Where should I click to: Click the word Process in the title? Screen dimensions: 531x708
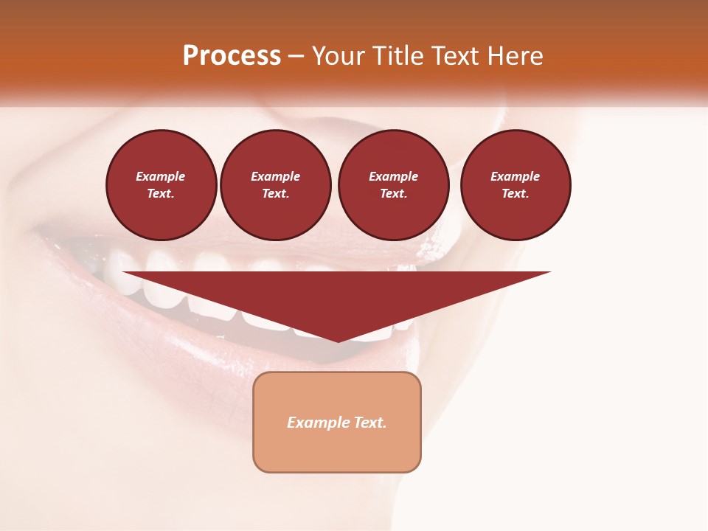(232, 56)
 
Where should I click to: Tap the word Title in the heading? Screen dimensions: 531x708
(397, 56)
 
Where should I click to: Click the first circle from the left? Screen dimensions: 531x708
(161, 185)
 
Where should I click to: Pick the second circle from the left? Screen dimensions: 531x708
(276, 185)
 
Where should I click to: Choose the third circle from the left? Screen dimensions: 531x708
(393, 185)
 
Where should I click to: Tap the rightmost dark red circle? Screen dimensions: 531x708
(516, 185)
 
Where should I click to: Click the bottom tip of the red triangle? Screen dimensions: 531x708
(338, 340)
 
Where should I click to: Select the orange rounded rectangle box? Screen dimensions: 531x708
(337, 422)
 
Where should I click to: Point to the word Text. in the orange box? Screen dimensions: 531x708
(369, 423)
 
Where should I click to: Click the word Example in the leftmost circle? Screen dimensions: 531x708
(161, 176)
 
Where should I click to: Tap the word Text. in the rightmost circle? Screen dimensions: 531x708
(516, 194)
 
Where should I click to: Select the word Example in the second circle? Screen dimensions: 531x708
(276, 176)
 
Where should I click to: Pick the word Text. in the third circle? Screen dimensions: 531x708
(393, 194)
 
